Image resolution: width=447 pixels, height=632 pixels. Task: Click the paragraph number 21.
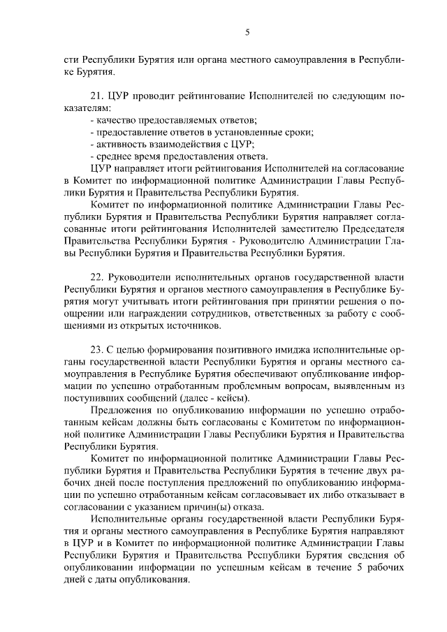97,97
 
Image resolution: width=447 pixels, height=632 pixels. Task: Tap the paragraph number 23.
97,350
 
